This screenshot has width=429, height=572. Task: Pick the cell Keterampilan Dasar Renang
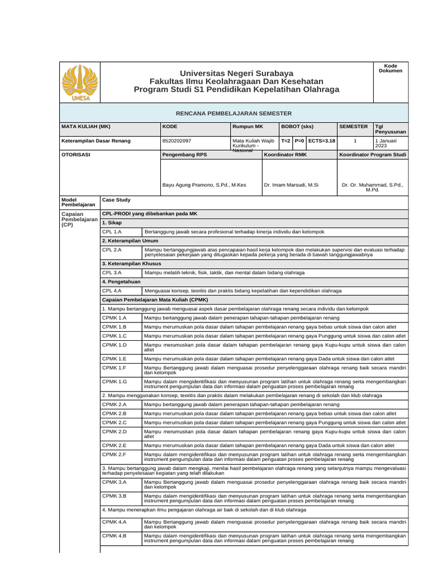pos(96,141)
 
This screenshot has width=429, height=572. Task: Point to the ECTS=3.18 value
pos(321,141)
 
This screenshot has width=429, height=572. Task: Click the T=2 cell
pos(285,141)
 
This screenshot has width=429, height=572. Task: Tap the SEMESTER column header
pos(354,127)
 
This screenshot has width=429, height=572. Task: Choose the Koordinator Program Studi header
pos(373,154)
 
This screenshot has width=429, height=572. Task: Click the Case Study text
pos(116,199)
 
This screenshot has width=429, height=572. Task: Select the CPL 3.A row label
pos(112,273)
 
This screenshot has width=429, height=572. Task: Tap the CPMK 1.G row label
pos(115,381)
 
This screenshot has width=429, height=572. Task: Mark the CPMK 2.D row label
pos(115,431)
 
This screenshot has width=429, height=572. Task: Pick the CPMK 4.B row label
pos(115,536)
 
